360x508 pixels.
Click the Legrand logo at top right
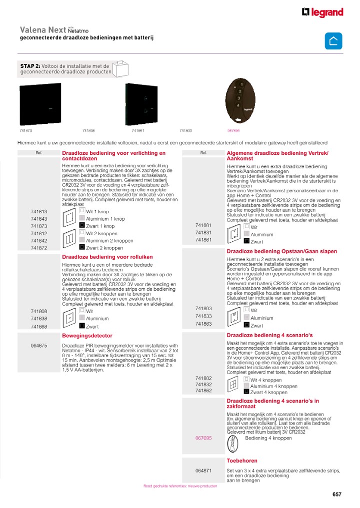pos(322,12)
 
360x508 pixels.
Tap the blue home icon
pos(333,40)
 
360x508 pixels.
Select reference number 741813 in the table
pos(39,211)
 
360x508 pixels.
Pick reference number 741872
pos(39,248)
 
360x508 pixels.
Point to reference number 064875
pos(39,346)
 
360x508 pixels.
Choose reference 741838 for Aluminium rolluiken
pos(39,319)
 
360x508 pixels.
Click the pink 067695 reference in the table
pos(203,438)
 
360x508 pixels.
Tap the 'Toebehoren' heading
pos(242,461)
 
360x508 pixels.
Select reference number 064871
pos(203,471)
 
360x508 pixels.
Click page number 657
pos(336,495)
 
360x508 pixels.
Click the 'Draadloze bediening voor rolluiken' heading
pos(107,257)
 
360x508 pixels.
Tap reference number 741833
pos(203,316)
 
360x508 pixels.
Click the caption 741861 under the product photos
pos(138,130)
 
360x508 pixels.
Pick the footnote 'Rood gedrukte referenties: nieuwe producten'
pos(180,486)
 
